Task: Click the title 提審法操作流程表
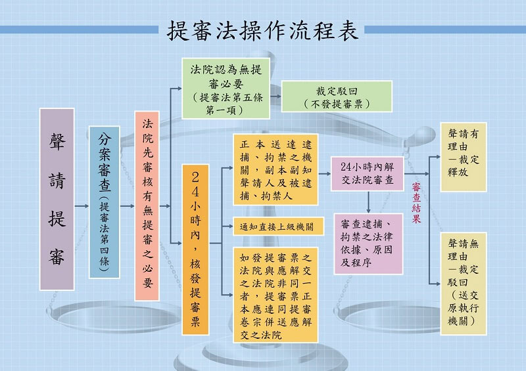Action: click(x=262, y=30)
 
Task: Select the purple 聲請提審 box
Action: click(x=57, y=199)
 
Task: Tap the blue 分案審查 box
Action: click(x=105, y=202)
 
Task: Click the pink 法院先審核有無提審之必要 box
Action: click(x=147, y=206)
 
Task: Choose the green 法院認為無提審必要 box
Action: click(x=226, y=89)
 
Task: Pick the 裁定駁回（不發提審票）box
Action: click(x=337, y=96)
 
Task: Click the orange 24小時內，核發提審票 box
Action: click(x=195, y=250)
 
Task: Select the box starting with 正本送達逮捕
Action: click(x=275, y=169)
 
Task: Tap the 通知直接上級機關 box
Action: click(x=278, y=227)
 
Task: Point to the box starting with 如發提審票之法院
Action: click(x=275, y=295)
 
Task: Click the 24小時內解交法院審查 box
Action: click(x=367, y=173)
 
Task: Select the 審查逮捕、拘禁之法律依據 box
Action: click(x=368, y=244)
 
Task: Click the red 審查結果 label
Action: click(x=416, y=203)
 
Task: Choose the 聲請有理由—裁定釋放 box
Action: click(x=464, y=157)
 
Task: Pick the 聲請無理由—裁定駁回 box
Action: click(x=464, y=284)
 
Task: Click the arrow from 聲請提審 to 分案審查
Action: click(x=82, y=206)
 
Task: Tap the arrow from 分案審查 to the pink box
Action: click(x=127, y=206)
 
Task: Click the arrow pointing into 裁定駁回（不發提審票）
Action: click(x=275, y=96)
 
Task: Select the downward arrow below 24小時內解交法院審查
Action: click(x=368, y=202)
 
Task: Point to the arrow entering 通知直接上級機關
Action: click(x=227, y=227)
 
